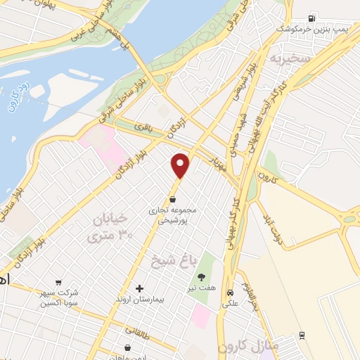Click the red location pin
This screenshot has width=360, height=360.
181,165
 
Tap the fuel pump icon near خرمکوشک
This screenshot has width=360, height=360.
312,16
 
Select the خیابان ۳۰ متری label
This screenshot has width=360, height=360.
108,227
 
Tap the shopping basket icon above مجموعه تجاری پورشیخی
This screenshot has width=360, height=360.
172,198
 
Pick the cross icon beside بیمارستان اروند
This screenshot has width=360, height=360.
139,288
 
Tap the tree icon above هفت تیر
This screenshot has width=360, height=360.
202,277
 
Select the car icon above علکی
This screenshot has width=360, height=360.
230,292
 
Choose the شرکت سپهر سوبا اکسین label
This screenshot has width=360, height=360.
59,297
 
